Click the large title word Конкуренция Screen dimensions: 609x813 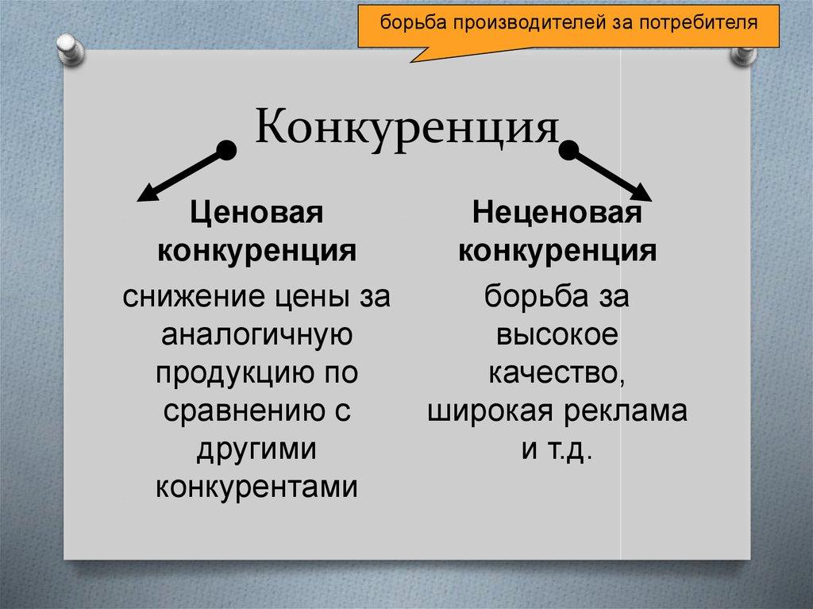point(406,127)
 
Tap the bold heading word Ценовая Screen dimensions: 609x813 point(255,214)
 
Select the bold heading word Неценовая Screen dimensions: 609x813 point(557,214)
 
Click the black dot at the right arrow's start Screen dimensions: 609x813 point(569,149)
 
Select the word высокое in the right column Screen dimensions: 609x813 point(557,335)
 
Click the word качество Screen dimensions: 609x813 point(557,373)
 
